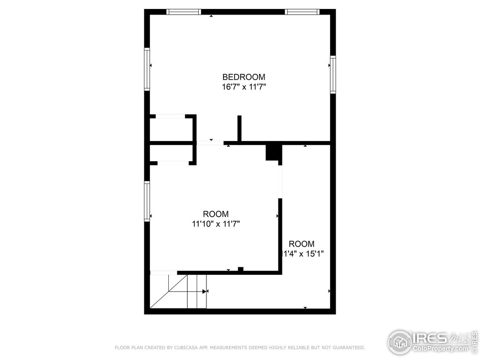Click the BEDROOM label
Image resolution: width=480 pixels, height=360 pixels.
(x=244, y=77)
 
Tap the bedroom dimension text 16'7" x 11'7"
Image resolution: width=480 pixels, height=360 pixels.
(x=244, y=87)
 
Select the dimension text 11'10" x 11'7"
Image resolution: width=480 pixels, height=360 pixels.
(x=216, y=224)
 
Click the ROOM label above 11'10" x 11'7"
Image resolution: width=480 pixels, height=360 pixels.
(x=216, y=214)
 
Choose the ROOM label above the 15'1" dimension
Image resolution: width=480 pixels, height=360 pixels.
(x=301, y=244)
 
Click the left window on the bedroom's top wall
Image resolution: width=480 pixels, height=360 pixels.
(x=184, y=12)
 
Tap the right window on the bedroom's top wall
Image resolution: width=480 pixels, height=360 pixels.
(x=302, y=12)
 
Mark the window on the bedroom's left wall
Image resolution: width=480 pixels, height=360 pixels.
(x=147, y=69)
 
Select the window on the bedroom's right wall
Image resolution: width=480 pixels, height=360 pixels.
(x=333, y=74)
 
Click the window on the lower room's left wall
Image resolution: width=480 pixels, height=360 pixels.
(x=147, y=201)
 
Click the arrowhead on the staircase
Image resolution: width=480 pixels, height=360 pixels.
(x=205, y=291)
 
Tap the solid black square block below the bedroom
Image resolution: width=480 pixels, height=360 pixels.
(x=273, y=152)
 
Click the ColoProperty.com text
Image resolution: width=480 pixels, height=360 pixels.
(x=441, y=348)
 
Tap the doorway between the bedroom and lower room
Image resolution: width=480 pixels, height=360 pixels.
(x=210, y=143)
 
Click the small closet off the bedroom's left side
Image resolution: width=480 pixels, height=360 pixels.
(x=171, y=129)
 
